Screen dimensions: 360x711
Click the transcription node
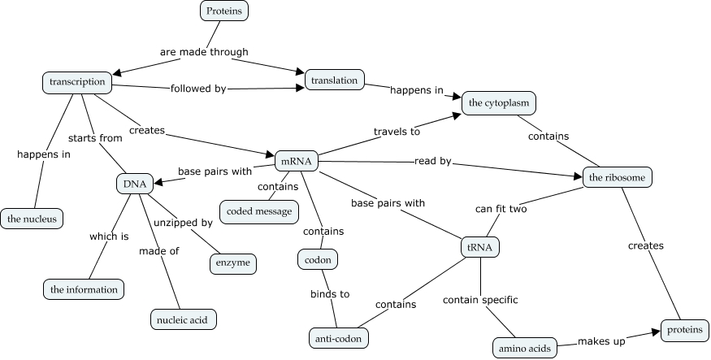[77, 82]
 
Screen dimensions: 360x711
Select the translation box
[335, 80]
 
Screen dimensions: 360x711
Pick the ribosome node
[618, 177]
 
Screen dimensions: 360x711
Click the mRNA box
[296, 162]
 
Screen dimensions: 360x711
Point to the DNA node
[135, 184]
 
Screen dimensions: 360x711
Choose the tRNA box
[480, 246]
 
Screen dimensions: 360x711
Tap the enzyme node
[233, 264]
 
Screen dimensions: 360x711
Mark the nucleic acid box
[184, 320]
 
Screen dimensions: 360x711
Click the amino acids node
[525, 349]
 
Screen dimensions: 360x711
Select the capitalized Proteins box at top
[223, 11]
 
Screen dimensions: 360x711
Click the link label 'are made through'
[204, 52]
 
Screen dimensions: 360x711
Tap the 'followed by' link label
[197, 89]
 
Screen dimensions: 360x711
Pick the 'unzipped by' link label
[184, 222]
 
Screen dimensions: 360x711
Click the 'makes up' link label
[601, 341]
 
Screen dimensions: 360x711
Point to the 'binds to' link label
[329, 293]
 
